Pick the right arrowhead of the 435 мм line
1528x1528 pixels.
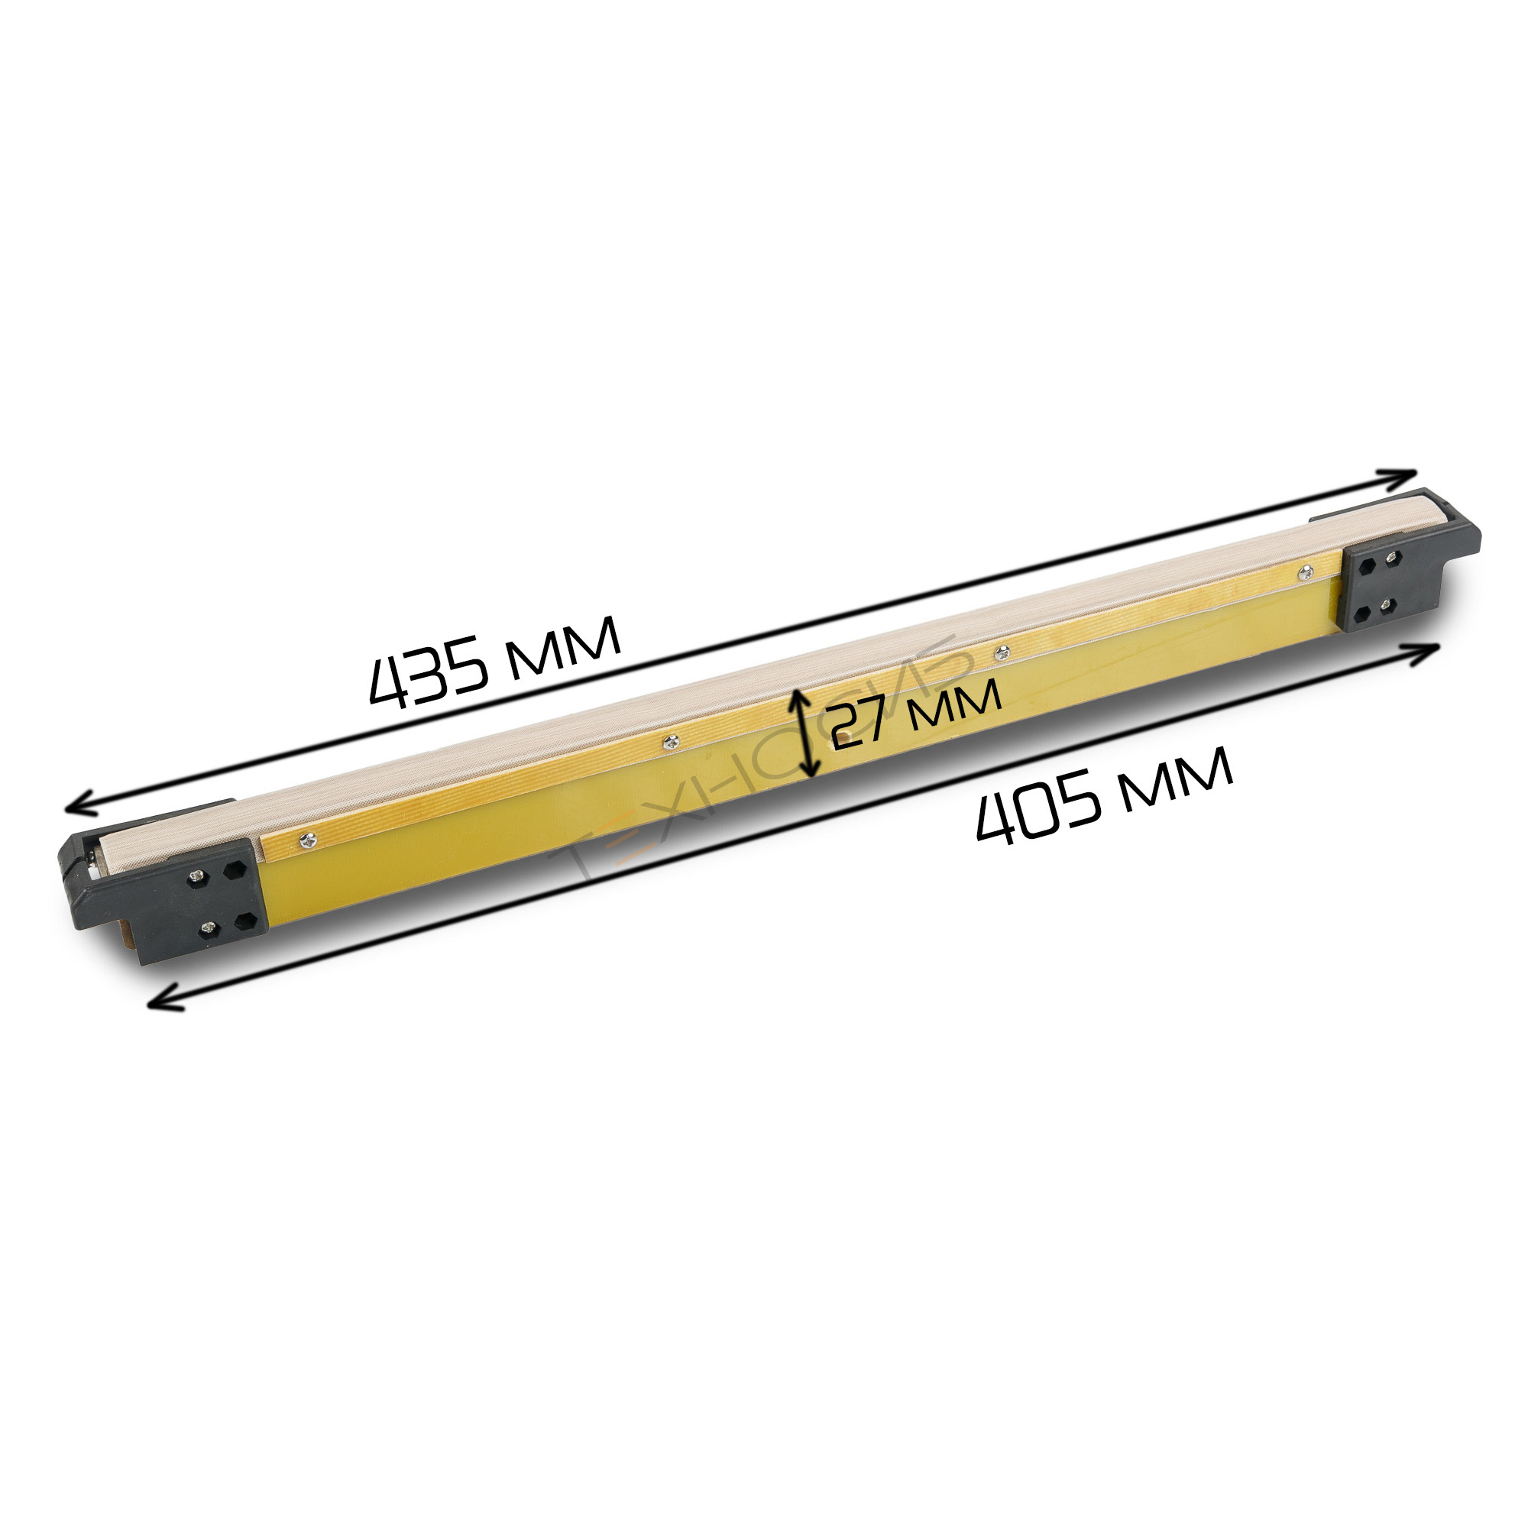tap(1396, 477)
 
